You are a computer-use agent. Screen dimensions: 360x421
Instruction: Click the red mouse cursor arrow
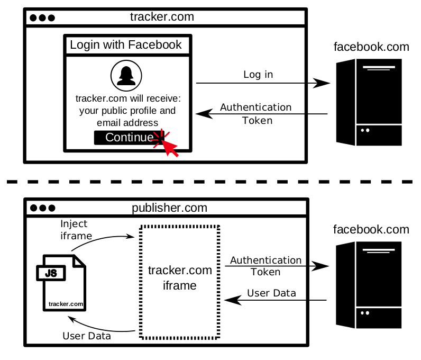pyautogui.click(x=168, y=146)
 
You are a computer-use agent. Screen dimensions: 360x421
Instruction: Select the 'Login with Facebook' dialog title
pyautogui.click(x=126, y=45)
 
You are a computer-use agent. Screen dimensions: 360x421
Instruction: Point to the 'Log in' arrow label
pyautogui.click(x=258, y=75)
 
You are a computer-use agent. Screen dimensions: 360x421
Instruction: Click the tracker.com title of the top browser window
pyautogui.click(x=162, y=17)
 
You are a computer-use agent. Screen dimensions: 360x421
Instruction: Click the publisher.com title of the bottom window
pyautogui.click(x=169, y=208)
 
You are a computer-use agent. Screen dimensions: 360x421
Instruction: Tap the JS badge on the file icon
pyautogui.click(x=51, y=273)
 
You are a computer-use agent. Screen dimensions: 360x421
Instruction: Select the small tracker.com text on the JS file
pyautogui.click(x=66, y=304)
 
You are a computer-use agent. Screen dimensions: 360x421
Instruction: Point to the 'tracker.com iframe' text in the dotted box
pyautogui.click(x=180, y=278)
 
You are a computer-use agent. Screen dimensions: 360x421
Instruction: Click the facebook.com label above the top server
pyautogui.click(x=371, y=47)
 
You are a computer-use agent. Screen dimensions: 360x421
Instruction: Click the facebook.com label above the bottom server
pyautogui.click(x=371, y=230)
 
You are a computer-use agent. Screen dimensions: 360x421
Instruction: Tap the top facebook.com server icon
pyautogui.click(x=369, y=102)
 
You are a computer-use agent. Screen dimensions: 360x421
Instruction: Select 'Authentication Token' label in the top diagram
pyautogui.click(x=257, y=113)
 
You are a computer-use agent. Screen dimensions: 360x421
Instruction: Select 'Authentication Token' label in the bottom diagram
pyautogui.click(x=266, y=266)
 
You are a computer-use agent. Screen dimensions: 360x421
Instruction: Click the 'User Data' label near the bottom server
pyautogui.click(x=271, y=293)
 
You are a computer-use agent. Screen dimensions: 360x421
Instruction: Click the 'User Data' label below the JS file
pyautogui.click(x=87, y=336)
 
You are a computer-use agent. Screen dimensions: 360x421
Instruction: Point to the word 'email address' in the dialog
pyautogui.click(x=127, y=123)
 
